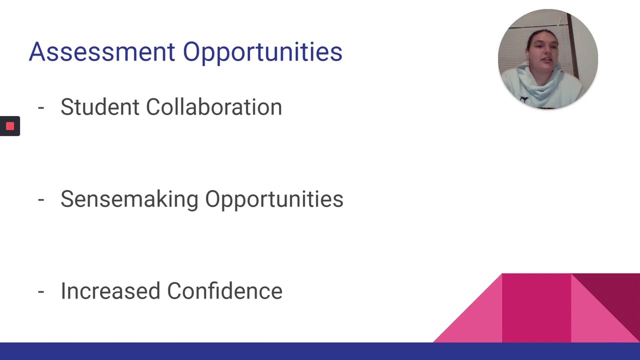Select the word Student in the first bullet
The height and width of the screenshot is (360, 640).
click(99, 107)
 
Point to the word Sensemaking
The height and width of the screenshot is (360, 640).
click(129, 199)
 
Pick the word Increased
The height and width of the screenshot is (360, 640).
click(110, 291)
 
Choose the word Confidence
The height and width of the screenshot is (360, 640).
click(224, 291)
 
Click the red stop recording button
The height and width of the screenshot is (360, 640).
click(10, 126)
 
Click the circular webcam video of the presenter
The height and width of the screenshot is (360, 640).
click(547, 59)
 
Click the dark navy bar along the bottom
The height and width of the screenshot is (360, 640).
click(320, 351)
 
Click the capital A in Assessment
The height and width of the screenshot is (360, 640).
click(37, 52)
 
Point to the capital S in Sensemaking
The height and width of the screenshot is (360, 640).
click(67, 199)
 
